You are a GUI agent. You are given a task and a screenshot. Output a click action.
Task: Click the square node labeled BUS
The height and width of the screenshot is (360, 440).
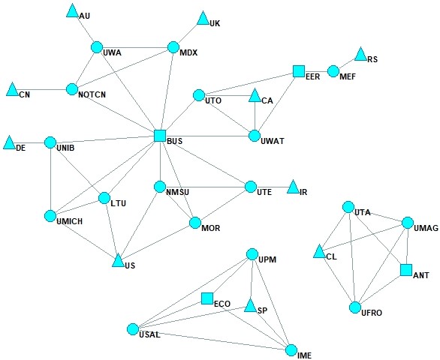(x=159, y=136)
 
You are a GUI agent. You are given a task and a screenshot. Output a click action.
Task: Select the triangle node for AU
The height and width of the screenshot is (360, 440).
(x=72, y=11)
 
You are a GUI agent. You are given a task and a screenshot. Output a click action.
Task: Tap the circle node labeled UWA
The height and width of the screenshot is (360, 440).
(x=96, y=47)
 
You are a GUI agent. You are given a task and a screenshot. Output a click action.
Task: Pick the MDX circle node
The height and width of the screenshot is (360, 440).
(x=173, y=47)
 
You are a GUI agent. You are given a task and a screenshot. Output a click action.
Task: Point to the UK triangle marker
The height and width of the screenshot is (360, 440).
(x=203, y=19)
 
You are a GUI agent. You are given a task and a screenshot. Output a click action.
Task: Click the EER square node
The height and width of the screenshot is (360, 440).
(x=298, y=71)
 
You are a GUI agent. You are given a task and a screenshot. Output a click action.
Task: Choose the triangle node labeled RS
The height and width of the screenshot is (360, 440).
(x=360, y=55)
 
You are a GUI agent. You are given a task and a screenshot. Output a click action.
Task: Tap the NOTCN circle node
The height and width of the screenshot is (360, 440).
(x=72, y=89)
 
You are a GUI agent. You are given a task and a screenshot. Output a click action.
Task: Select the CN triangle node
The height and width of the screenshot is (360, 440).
(x=12, y=90)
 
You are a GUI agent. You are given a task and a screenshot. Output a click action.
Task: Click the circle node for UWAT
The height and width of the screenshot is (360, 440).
(x=255, y=136)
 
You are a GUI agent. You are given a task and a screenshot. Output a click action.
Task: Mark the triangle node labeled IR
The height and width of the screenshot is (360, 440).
(x=294, y=186)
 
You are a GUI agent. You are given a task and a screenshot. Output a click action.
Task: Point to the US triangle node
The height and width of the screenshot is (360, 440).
(x=118, y=260)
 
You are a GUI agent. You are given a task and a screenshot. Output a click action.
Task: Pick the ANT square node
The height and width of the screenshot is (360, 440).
(x=406, y=270)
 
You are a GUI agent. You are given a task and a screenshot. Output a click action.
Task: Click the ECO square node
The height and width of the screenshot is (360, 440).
(x=207, y=298)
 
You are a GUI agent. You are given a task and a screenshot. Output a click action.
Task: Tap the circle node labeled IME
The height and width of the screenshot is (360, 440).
(x=292, y=349)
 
